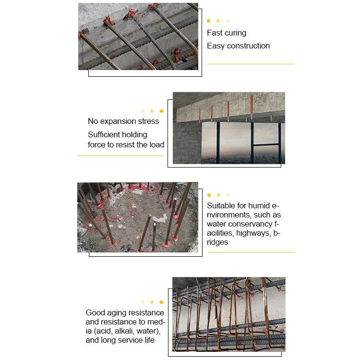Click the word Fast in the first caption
click(215, 33)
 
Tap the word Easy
click(216, 46)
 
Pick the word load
click(156, 145)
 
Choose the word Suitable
click(221, 206)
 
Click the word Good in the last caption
click(96, 313)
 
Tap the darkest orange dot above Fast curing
click(209, 21)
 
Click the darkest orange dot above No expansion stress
click(161, 111)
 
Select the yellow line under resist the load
click(120, 156)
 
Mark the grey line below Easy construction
click(251, 64)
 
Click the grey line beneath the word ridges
click(251, 252)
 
